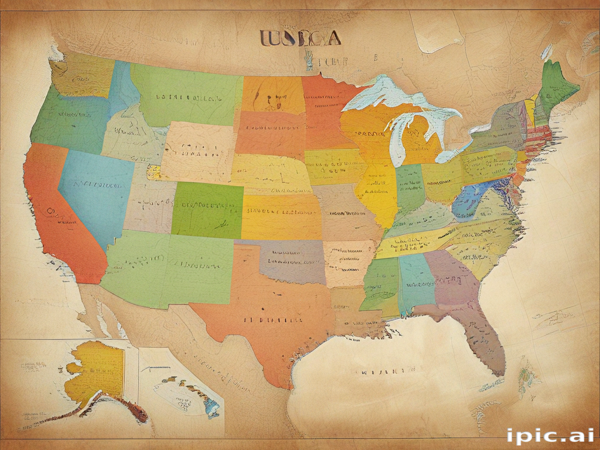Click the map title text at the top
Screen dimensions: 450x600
[299, 38]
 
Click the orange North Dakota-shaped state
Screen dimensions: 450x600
[272, 94]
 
